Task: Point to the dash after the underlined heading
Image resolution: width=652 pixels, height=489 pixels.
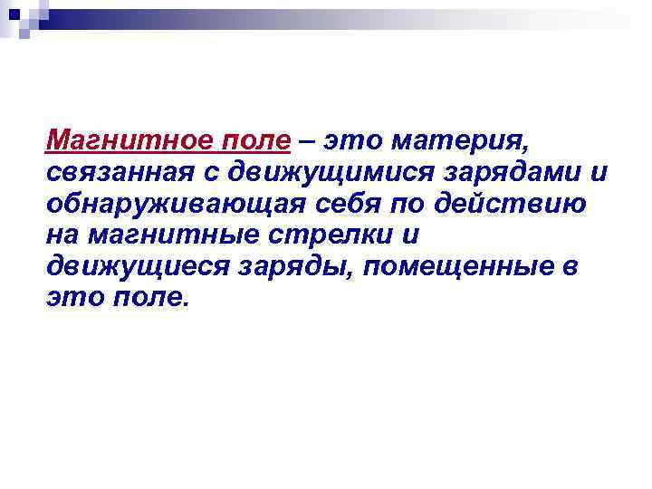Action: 308,142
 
